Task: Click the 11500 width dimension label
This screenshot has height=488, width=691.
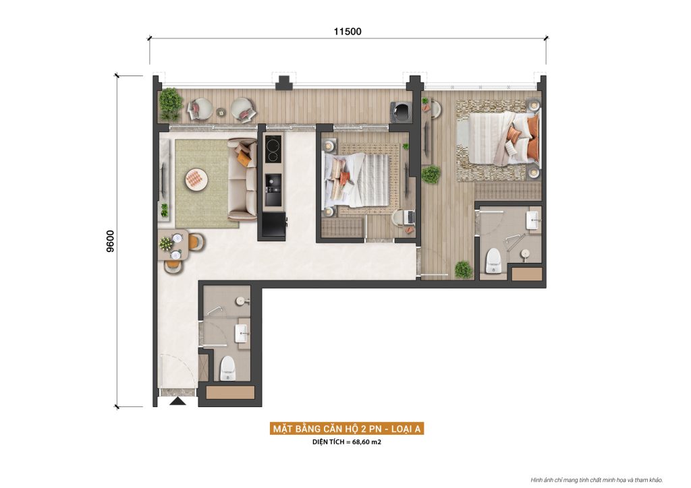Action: click(x=348, y=31)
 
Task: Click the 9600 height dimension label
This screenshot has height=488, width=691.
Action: click(x=110, y=241)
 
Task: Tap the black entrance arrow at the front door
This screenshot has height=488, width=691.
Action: click(x=178, y=401)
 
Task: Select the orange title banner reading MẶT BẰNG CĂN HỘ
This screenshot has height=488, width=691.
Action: click(x=347, y=429)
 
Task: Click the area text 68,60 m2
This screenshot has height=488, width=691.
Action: click(x=366, y=441)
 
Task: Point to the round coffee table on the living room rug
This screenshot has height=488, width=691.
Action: click(x=196, y=179)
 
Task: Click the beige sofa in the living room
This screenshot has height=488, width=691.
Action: click(x=242, y=179)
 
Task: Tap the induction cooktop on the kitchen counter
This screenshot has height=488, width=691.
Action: click(x=273, y=149)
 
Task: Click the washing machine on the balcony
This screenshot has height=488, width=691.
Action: click(x=401, y=112)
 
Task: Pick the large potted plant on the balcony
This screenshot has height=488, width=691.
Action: click(x=171, y=104)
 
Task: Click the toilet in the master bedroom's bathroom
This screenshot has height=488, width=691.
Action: click(x=493, y=261)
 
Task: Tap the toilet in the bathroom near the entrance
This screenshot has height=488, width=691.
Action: click(x=227, y=369)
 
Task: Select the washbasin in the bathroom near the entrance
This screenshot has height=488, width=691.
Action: click(x=242, y=334)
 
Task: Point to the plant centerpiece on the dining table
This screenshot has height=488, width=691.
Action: click(x=166, y=243)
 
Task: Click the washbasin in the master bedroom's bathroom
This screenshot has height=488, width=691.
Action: click(x=533, y=219)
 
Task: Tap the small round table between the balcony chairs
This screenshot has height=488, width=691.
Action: click(x=221, y=112)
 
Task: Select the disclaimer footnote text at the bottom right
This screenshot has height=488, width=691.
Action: click(x=597, y=480)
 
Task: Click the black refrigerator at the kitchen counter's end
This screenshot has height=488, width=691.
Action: click(x=273, y=225)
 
